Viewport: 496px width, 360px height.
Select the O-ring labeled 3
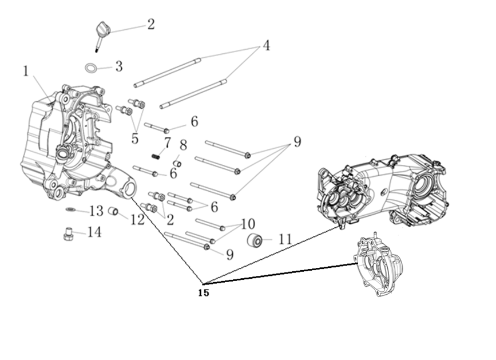(x=90, y=68)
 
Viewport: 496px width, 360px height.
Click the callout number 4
(x=267, y=45)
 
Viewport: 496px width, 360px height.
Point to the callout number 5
(x=135, y=138)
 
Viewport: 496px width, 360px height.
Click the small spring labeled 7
(x=154, y=156)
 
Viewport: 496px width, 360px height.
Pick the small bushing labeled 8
(x=177, y=164)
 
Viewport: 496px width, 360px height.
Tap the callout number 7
(x=167, y=142)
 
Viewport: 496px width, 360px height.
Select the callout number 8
(x=183, y=145)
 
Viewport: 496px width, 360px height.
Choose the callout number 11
(x=285, y=239)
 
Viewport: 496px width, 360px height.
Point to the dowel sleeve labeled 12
(x=113, y=212)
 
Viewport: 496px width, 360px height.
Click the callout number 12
(x=137, y=219)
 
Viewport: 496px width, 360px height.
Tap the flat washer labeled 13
(x=70, y=210)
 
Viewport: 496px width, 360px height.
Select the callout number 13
(x=96, y=211)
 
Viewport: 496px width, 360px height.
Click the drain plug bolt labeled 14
(x=68, y=234)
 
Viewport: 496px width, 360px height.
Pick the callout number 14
(x=94, y=232)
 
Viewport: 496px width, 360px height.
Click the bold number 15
(x=203, y=293)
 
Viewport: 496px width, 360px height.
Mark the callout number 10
(x=247, y=224)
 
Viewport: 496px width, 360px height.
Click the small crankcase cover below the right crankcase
(x=378, y=266)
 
